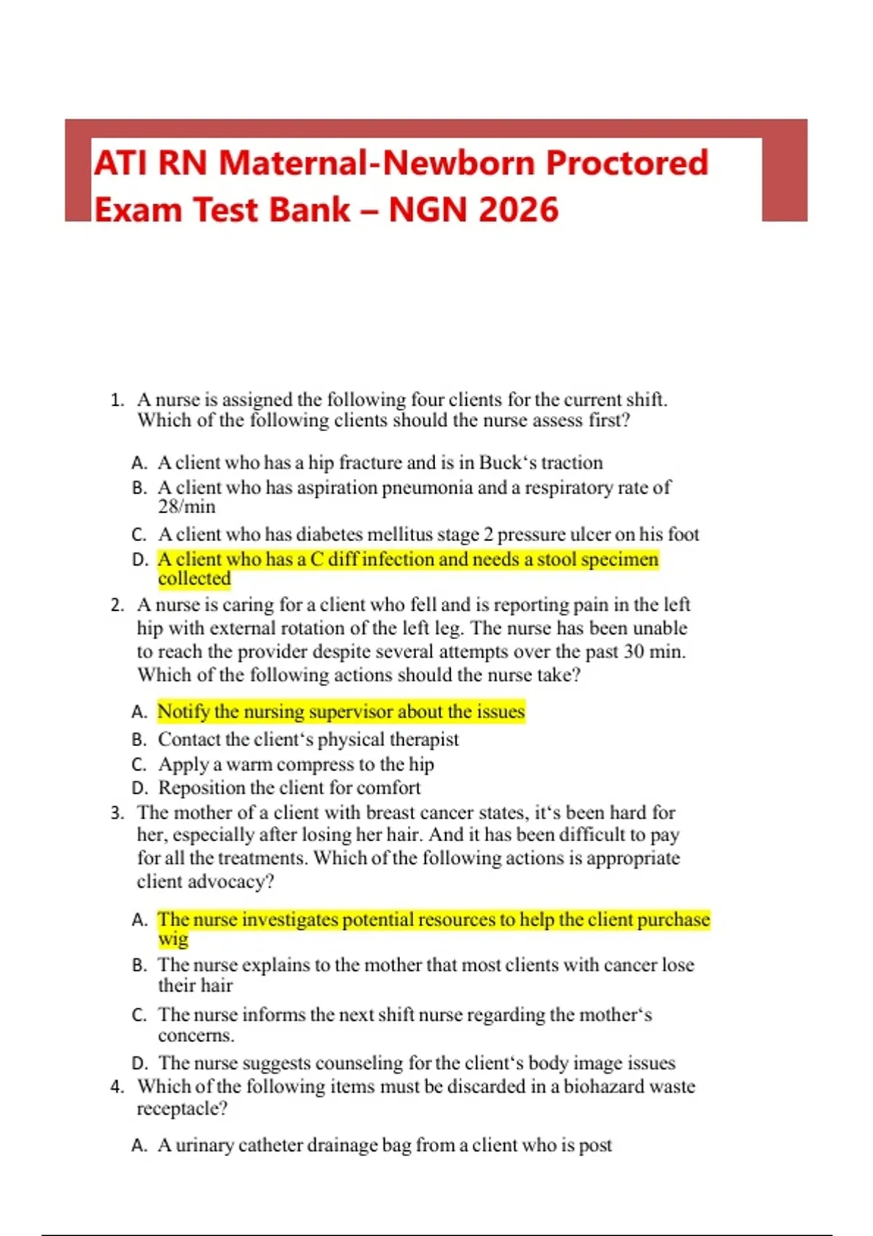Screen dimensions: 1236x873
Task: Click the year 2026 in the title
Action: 519,210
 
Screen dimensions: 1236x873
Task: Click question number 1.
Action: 117,400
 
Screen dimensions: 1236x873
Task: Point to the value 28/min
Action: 186,507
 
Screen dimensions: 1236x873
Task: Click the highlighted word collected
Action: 194,579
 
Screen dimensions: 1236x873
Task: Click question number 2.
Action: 117,605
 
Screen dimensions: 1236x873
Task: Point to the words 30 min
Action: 654,651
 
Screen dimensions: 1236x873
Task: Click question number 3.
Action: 117,813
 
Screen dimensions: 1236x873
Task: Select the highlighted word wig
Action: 173,939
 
